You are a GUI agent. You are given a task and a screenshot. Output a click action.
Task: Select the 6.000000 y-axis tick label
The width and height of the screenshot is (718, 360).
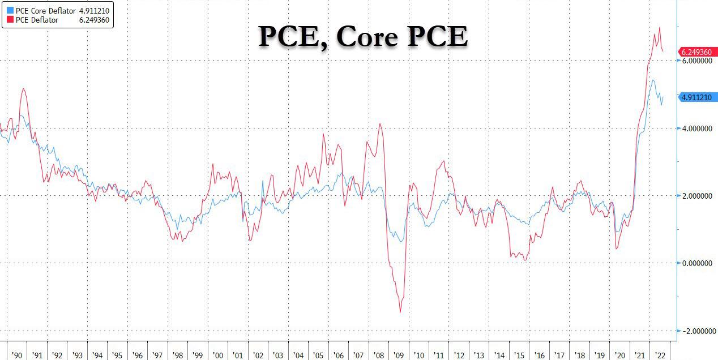[x=697, y=61]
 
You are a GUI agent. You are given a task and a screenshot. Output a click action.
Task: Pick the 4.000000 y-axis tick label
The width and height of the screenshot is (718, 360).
[x=697, y=128]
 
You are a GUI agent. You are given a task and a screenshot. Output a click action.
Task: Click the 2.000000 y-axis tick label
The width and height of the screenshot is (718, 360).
[x=697, y=196]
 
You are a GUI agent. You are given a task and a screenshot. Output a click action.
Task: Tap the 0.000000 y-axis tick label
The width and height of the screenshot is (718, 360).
[x=697, y=263]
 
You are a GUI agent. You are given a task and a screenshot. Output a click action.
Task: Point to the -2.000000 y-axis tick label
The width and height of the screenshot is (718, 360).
[x=696, y=331]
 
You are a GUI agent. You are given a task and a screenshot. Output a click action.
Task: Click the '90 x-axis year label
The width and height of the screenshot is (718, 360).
[x=17, y=355]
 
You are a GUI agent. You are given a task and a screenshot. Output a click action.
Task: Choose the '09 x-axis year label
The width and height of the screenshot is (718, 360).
[x=398, y=355]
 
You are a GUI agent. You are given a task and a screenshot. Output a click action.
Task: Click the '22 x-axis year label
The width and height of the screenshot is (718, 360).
[x=659, y=355]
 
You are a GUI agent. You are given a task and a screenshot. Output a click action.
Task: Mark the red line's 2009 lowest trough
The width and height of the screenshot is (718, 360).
[x=400, y=312]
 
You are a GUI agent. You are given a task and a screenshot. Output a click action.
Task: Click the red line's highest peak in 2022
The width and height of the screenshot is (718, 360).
[x=659, y=27]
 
